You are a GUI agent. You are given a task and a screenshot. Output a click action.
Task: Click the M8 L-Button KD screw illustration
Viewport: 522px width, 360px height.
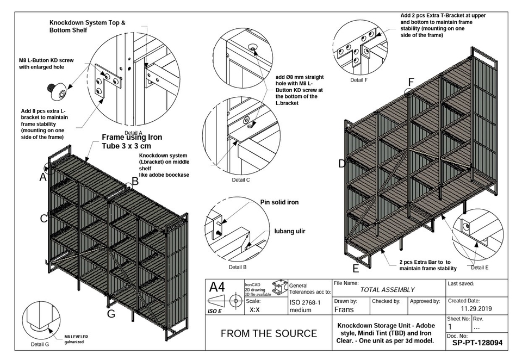click(57, 91)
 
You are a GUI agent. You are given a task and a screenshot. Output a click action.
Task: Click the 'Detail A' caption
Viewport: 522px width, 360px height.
click(133, 133)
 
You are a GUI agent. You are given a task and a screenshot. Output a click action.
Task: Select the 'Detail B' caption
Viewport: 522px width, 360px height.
click(238, 267)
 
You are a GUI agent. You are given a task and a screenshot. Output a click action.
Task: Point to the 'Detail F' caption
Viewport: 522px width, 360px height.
click(359, 80)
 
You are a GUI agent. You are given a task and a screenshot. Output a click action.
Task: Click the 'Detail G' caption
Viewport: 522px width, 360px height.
click(40, 344)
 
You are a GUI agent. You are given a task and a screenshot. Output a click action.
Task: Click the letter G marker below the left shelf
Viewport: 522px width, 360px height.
click(111, 314)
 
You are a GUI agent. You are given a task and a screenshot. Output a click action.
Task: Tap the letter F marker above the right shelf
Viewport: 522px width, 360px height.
click(411, 82)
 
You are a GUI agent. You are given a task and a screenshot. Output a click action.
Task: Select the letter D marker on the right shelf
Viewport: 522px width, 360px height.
click(342, 164)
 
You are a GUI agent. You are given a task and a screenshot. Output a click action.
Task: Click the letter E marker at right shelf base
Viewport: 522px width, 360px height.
click(356, 268)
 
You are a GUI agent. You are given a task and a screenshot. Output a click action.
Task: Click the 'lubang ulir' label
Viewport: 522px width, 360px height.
click(289, 231)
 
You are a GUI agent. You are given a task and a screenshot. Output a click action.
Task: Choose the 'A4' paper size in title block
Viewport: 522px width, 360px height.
click(217, 287)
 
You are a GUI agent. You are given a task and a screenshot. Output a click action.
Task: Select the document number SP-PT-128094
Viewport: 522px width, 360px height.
click(477, 344)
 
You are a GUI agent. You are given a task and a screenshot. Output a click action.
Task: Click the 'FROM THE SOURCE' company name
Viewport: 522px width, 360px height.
click(269, 333)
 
